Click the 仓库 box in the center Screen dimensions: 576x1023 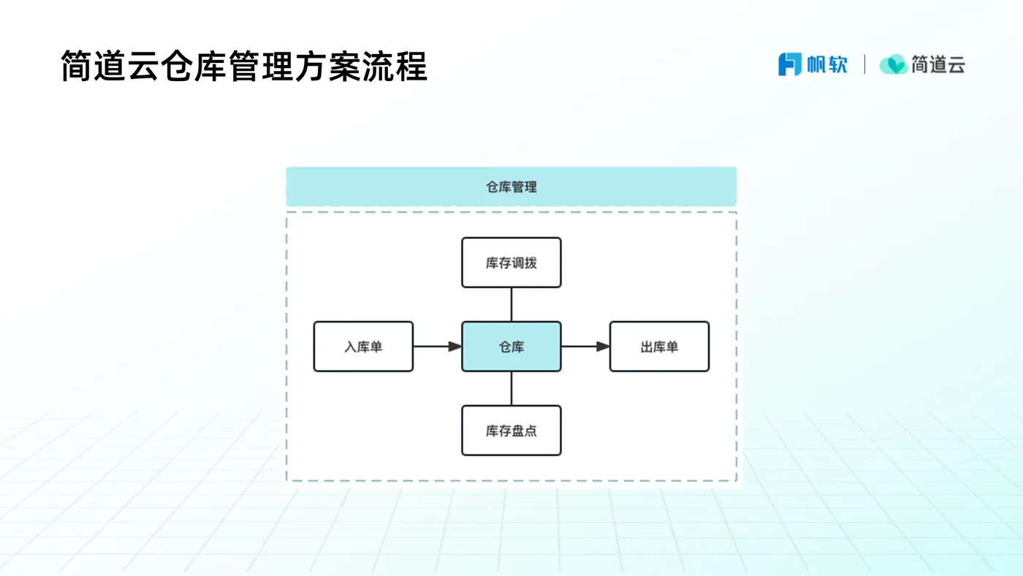pos(511,346)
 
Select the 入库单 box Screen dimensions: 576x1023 pos(363,346)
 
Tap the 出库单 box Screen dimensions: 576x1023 pos(659,346)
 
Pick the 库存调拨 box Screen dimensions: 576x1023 pos(511,262)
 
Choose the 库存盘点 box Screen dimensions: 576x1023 pos(511,431)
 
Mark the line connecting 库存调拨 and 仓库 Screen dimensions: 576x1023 pos(511,304)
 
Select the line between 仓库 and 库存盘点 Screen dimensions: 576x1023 pos(511,388)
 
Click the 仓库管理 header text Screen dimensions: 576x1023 pos(512,187)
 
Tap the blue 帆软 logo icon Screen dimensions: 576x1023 pos(790,64)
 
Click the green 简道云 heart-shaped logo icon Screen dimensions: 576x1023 pos(893,64)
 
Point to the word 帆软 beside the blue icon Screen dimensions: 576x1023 pos(827,64)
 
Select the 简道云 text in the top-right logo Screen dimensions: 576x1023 pos(938,64)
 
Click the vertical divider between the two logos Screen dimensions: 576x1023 pos(864,64)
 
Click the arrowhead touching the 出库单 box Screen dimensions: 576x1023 pos(603,346)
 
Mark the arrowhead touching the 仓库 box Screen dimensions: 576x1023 pos(455,346)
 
